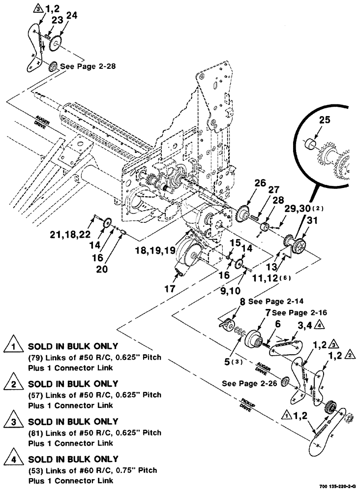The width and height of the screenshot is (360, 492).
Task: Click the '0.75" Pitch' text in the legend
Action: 140,470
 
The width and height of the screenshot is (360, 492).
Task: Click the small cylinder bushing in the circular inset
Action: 309,146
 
